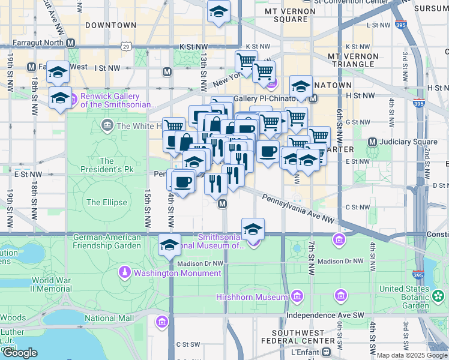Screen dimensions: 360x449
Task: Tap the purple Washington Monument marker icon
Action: point(124,272)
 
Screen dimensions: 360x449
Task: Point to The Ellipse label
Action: point(106,202)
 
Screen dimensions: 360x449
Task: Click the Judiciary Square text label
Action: point(408,142)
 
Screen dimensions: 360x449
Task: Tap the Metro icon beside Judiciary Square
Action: point(372,142)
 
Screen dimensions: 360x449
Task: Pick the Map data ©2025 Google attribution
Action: point(412,355)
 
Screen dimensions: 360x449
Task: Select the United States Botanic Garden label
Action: point(404,297)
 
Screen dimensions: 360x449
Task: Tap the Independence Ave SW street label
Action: point(325,315)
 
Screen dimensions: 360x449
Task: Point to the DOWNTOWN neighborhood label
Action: point(111,25)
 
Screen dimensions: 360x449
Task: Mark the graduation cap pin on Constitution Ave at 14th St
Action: point(170,245)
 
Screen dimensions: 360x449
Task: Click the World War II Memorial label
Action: point(52,284)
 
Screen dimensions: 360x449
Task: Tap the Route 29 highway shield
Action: point(125,46)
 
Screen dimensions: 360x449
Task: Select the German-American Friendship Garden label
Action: point(107,241)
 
